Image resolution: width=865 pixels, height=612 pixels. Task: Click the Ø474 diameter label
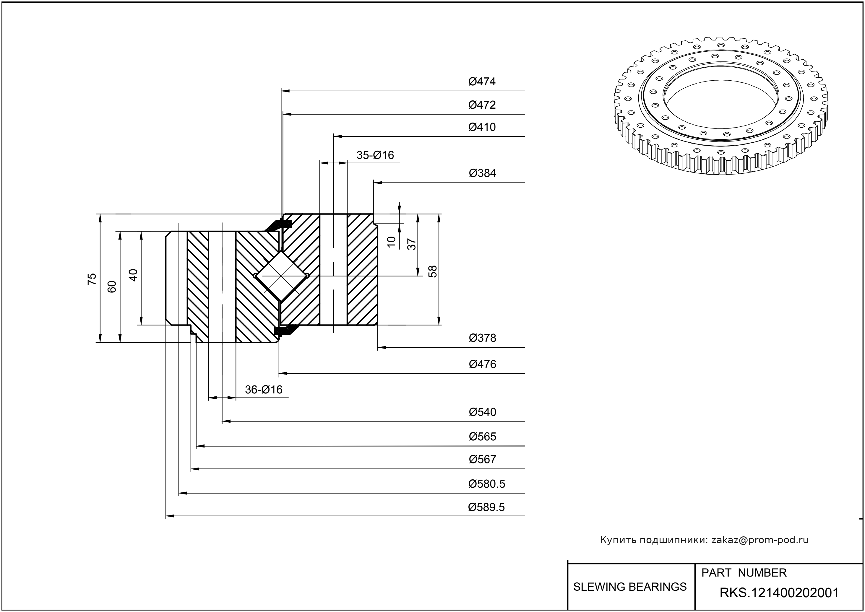pyautogui.click(x=482, y=82)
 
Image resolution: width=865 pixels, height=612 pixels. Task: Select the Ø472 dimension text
pyautogui.click(x=482, y=105)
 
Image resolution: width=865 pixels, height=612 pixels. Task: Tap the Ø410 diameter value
pyautogui.click(x=482, y=127)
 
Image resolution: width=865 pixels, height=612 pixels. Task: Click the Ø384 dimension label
pyautogui.click(x=482, y=173)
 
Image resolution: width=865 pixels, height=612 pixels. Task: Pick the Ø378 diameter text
pyautogui.click(x=482, y=338)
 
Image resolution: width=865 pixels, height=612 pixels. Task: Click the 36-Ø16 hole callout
pyautogui.click(x=264, y=390)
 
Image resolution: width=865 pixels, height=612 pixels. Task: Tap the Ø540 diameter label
pyautogui.click(x=482, y=412)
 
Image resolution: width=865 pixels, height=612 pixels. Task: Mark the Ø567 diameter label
pyautogui.click(x=482, y=459)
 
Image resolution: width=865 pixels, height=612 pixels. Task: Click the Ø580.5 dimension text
pyautogui.click(x=486, y=484)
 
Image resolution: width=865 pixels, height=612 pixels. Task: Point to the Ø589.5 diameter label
pyautogui.click(x=486, y=507)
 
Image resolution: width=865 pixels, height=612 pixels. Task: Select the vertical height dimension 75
pyautogui.click(x=92, y=279)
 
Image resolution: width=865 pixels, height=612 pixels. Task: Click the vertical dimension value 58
pyautogui.click(x=433, y=271)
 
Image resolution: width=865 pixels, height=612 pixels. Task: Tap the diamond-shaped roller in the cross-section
pyautogui.click(x=281, y=276)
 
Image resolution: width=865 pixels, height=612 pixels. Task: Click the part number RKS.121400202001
pyautogui.click(x=779, y=593)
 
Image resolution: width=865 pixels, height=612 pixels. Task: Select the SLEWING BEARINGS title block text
pyautogui.click(x=630, y=587)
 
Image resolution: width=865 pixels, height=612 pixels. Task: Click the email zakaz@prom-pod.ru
pyautogui.click(x=759, y=540)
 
